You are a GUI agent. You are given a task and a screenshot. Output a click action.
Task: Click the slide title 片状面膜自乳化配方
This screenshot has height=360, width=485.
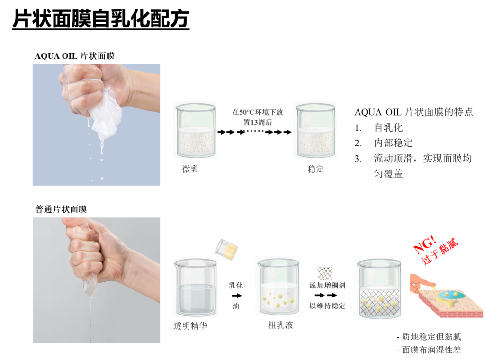pyautogui.click(x=101, y=18)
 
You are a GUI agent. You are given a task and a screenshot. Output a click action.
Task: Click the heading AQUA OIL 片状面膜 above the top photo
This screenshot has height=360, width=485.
pyautogui.click(x=74, y=56)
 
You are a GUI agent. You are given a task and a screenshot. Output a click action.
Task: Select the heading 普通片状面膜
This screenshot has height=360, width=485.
pyautogui.click(x=61, y=209)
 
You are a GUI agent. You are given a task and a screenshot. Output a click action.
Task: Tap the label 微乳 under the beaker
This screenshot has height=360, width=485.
pyautogui.click(x=190, y=169)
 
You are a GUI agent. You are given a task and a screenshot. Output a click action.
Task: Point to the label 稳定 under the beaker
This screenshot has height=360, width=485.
pyautogui.click(x=315, y=169)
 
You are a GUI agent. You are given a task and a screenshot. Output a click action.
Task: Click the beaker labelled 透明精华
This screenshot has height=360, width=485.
pyautogui.click(x=196, y=288)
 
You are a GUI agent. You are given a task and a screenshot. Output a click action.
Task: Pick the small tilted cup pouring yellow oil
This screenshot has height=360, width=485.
pyautogui.click(x=227, y=249)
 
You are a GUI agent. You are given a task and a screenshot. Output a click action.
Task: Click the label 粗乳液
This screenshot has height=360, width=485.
pyautogui.click(x=280, y=325)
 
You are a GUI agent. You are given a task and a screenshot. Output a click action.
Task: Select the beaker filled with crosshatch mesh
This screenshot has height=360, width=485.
pyautogui.click(x=379, y=289)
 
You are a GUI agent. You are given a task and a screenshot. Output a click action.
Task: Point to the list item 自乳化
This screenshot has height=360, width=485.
pyautogui.click(x=388, y=127)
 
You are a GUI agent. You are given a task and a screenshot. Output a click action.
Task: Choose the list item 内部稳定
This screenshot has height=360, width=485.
pyautogui.click(x=393, y=143)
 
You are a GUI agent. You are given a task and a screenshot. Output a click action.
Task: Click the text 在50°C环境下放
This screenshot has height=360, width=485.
pyautogui.click(x=258, y=112)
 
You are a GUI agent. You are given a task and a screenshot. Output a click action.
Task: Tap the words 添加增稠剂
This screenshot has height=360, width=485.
pyautogui.click(x=327, y=286)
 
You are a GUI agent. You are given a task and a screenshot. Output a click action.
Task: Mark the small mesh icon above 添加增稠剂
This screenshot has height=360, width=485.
pyautogui.click(x=325, y=273)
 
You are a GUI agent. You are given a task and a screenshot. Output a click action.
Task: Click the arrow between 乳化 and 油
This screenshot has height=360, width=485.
pyautogui.click(x=237, y=296)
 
